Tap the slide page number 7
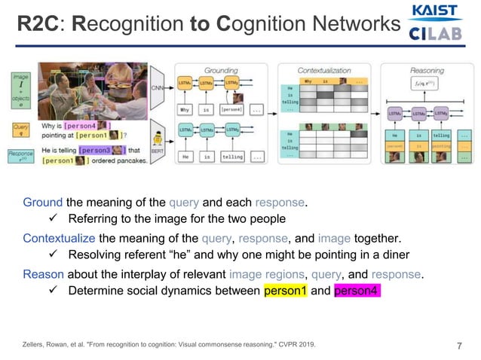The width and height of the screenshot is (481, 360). click(459, 346)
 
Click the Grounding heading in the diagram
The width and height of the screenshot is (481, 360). click(221, 69)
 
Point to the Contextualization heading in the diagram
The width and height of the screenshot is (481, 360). click(325, 69)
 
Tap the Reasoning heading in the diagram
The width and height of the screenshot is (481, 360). click(427, 69)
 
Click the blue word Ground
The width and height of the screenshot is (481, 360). click(42, 202)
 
